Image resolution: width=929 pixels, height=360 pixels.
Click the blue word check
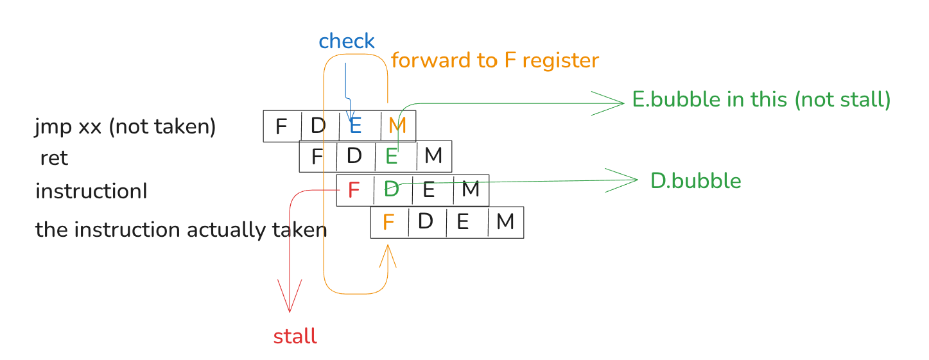point(347,42)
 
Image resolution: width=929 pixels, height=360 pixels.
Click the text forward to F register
point(494,61)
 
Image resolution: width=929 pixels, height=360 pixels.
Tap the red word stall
point(295,337)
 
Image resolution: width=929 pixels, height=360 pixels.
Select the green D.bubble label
point(696,181)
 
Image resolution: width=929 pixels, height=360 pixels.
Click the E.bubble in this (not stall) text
point(761,100)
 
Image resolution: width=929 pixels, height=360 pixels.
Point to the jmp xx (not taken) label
point(125,127)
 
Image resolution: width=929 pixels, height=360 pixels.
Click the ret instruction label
point(54,158)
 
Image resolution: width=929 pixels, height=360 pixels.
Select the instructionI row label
point(91,191)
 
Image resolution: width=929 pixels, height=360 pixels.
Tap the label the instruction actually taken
point(181,230)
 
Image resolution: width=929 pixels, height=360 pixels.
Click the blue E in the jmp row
point(355,126)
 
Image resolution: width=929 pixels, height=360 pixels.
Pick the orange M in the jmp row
point(398,126)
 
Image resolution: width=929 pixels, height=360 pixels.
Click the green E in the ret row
point(391,157)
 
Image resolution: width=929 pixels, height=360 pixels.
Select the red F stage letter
point(353,190)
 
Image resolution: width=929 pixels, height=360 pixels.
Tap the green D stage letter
point(391,189)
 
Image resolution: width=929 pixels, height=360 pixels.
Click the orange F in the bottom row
point(388,223)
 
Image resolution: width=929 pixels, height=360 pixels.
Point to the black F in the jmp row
point(281,127)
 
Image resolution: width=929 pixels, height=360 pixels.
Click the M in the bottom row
point(505,222)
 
